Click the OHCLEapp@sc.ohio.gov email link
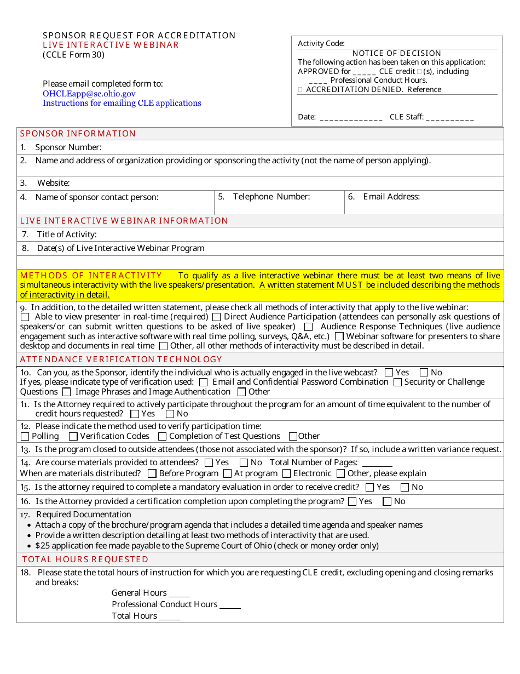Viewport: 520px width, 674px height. tap(89, 94)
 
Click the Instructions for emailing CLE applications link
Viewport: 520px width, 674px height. tap(122, 103)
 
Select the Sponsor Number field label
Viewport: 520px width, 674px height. tap(68, 147)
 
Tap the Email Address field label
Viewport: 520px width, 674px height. tap(391, 197)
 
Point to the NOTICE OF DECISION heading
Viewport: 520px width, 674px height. tap(397, 53)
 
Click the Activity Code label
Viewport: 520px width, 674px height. tap(321, 44)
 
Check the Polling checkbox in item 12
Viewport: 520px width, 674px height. tap(25, 437)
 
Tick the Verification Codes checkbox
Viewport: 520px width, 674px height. tap(73, 437)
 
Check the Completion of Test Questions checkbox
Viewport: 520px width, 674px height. tap(162, 437)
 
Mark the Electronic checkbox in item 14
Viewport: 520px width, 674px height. tap(286, 473)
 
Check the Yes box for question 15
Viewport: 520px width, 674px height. tap(369, 487)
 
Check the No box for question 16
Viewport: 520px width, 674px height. tap(387, 501)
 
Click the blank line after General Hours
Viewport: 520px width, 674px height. tap(179, 594)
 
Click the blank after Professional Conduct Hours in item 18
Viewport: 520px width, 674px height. tap(230, 606)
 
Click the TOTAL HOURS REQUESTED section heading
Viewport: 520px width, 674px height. tap(85, 559)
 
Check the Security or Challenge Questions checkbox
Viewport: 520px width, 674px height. tap(397, 382)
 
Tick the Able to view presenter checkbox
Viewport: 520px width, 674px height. tap(25, 317)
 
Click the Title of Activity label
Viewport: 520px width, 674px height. tap(67, 235)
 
